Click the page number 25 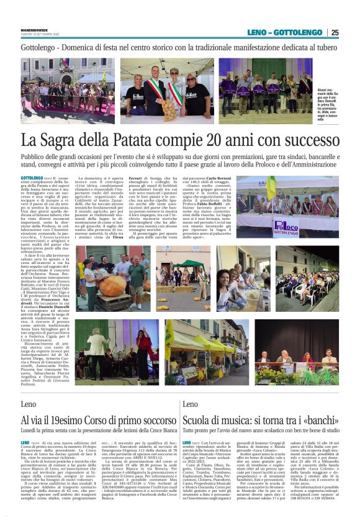(335, 32)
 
